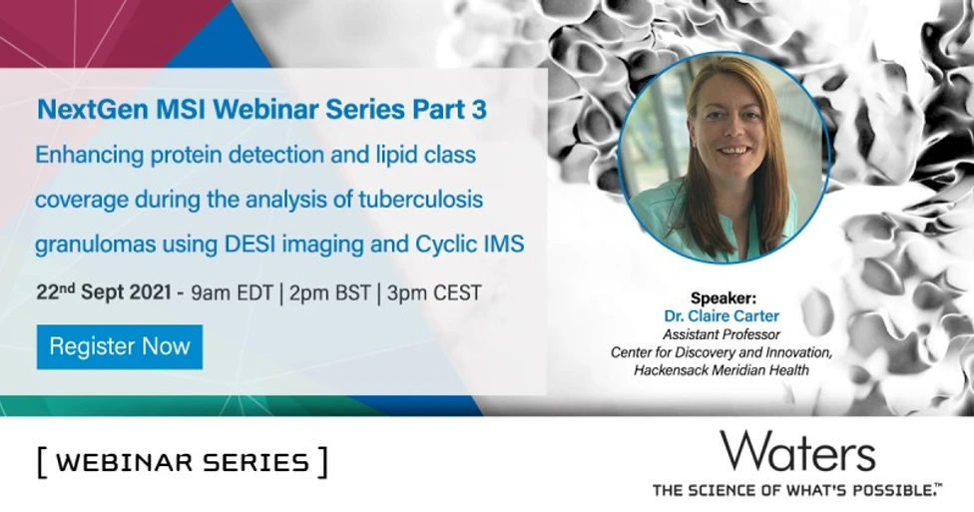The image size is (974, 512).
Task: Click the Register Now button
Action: (120, 347)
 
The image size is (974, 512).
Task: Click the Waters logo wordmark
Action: (797, 452)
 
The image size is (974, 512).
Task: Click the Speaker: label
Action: (724, 298)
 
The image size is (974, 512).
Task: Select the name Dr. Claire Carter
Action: (724, 316)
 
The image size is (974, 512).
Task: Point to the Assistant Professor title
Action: (724, 334)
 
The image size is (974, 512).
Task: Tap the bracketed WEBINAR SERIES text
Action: (182, 462)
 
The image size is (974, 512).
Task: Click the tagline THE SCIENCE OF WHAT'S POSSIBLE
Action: (796, 489)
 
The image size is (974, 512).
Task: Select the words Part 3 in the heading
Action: (453, 110)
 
